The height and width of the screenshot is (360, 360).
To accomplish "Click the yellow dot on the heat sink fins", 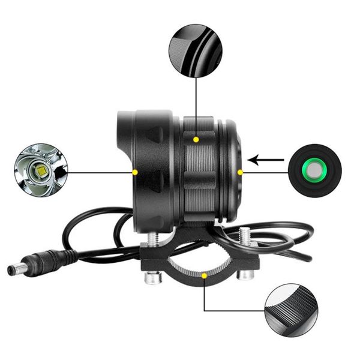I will (x=196, y=139).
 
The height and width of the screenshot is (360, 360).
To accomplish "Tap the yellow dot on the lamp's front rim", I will (x=135, y=172).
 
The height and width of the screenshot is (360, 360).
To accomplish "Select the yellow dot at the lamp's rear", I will (x=241, y=172).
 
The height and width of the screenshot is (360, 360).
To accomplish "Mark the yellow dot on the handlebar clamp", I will (x=205, y=277).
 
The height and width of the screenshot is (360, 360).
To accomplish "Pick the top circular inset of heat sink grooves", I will (x=195, y=50).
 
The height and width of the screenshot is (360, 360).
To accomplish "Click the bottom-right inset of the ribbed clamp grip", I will (x=291, y=310).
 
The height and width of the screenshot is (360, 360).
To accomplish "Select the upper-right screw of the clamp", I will (x=244, y=235).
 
